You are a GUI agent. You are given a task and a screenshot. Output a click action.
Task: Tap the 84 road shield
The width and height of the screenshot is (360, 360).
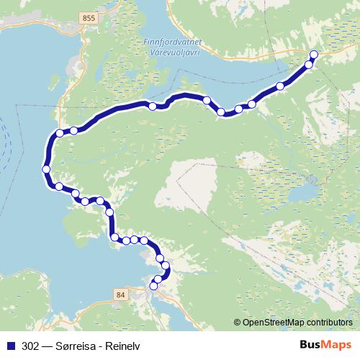coord(120,294)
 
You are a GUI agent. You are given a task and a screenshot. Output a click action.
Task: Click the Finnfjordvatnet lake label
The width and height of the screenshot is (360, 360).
coord(172,42)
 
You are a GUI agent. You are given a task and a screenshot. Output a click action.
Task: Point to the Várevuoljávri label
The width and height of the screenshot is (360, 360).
coord(172,53)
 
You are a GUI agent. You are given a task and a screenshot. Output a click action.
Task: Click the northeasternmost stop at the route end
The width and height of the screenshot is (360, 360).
coord(314,55)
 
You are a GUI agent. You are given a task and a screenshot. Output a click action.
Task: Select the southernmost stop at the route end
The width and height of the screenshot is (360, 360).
coord(153,286)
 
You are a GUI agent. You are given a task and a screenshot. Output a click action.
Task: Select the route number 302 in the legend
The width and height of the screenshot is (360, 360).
coord(30,345)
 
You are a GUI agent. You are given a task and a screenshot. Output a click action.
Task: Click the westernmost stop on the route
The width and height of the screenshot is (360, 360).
coord(46,169)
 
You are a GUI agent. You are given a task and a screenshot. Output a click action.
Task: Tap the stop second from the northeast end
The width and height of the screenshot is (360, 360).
coord(309,65)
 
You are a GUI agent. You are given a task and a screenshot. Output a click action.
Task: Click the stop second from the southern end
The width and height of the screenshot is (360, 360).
coord(158,279)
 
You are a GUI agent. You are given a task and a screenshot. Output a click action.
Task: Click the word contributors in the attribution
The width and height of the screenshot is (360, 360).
coord(328,322)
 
